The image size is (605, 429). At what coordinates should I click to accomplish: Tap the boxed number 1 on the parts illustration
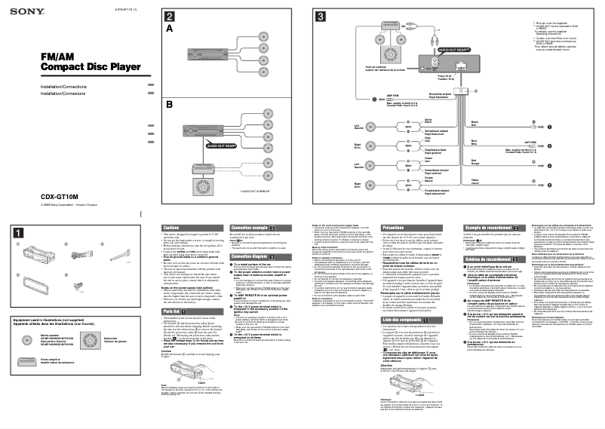pos(19,232)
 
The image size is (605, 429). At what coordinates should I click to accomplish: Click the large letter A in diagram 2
pos(170,29)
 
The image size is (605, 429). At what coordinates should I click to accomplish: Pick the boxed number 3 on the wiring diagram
pos(321,17)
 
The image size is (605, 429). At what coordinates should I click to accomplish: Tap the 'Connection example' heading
pos(250,227)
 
